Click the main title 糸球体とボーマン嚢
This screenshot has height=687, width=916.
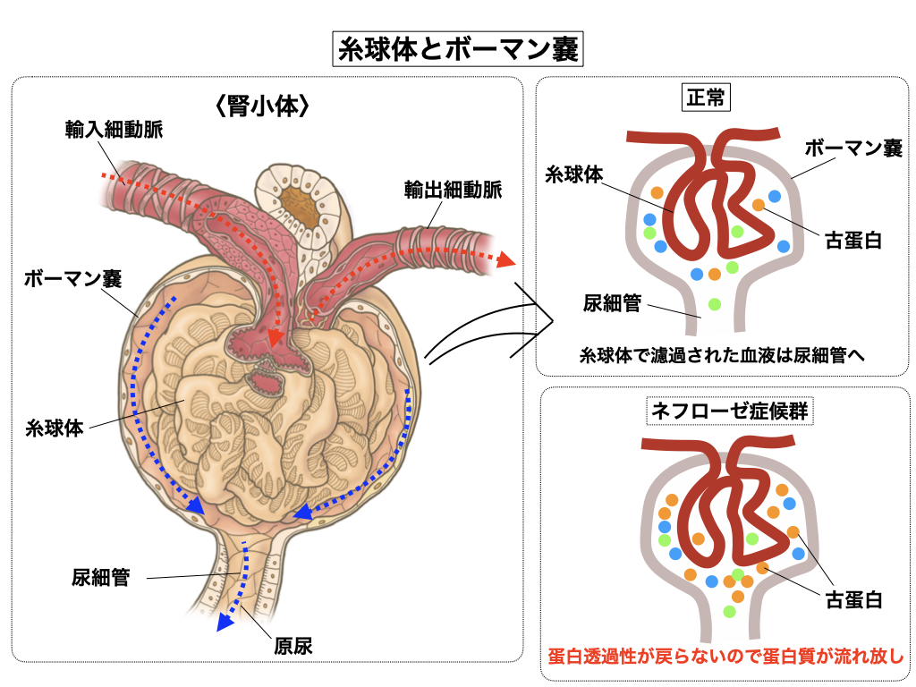tap(456, 48)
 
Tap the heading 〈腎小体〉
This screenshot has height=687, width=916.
tap(263, 107)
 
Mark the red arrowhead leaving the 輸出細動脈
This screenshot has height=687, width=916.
tap(505, 260)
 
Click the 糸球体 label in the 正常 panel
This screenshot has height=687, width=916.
tap(574, 174)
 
